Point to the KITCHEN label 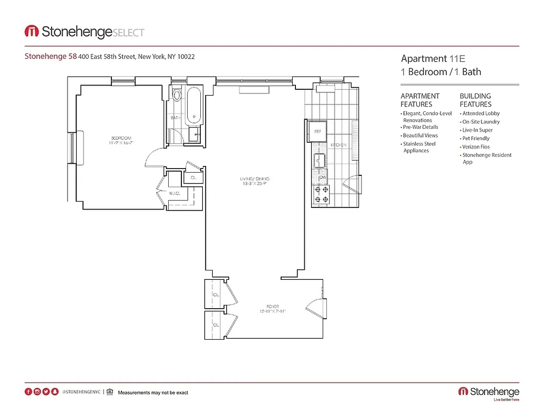point(338,145)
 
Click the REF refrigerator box point(317,131)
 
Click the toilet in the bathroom point(177,96)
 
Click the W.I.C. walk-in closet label point(175,193)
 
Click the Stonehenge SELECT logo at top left point(85,32)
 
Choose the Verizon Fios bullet point(476,147)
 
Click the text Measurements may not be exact point(153,393)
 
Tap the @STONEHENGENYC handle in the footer point(81,392)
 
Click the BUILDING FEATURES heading point(475,100)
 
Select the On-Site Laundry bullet point(480,122)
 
